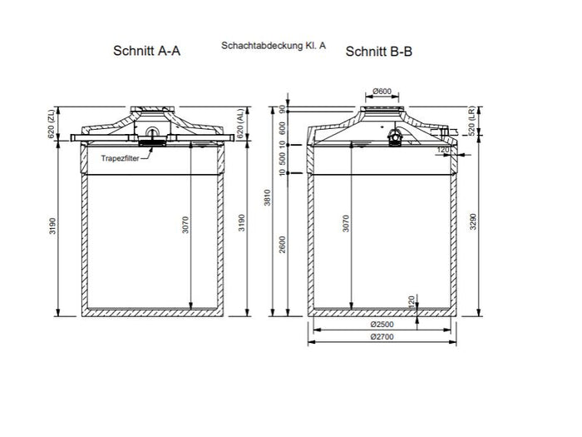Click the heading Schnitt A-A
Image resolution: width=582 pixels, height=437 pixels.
point(147,51)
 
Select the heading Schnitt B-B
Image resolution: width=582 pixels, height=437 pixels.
point(378,51)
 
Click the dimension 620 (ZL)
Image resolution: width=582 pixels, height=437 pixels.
point(52,127)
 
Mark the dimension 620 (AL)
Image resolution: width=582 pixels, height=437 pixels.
point(239,127)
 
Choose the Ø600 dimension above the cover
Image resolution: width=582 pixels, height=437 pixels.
point(382,91)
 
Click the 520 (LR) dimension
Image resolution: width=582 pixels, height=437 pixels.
point(471,126)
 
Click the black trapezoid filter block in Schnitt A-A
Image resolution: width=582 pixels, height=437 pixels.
point(151,142)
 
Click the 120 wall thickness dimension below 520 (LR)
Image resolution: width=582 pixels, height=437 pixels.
point(443,151)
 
